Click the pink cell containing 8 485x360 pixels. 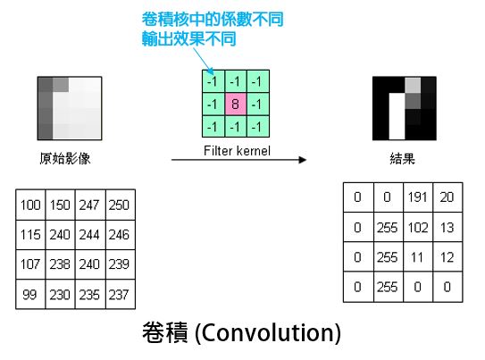(x=236, y=104)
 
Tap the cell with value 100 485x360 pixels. (x=30, y=205)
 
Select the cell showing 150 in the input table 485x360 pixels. (x=60, y=205)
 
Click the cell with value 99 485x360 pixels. (x=30, y=294)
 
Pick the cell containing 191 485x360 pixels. (x=418, y=197)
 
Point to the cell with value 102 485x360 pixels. (x=418, y=227)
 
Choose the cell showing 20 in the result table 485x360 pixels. (x=447, y=197)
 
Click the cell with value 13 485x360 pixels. (x=447, y=227)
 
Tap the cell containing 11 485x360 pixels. (x=418, y=257)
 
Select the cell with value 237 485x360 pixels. (x=121, y=294)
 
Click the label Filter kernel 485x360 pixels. (x=237, y=151)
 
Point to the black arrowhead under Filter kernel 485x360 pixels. (x=303, y=160)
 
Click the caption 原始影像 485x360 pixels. (x=65, y=158)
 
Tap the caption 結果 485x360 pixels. (x=402, y=159)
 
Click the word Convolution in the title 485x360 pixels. (x=268, y=333)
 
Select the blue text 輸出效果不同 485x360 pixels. (x=188, y=39)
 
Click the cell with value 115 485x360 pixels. (x=30, y=235)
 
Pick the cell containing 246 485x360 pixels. (x=121, y=235)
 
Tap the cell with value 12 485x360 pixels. (x=447, y=257)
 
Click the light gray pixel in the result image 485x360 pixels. (x=413, y=85)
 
